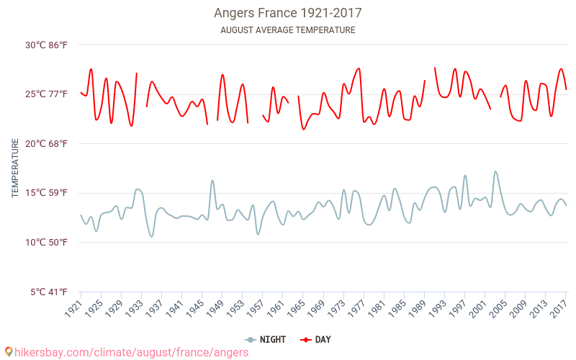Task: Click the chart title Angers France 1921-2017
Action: tap(287, 13)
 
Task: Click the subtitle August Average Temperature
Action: tap(287, 30)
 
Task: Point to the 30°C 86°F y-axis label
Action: tap(47, 45)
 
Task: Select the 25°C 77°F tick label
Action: tap(47, 94)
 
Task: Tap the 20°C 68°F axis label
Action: tap(47, 143)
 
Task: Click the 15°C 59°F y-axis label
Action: tap(47, 193)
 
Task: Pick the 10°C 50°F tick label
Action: tap(47, 242)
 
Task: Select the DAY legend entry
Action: tap(316, 340)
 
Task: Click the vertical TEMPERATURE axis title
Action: tap(15, 168)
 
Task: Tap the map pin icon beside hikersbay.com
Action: tap(8, 352)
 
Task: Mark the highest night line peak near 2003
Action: tap(495, 171)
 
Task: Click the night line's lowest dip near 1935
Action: tap(151, 236)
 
